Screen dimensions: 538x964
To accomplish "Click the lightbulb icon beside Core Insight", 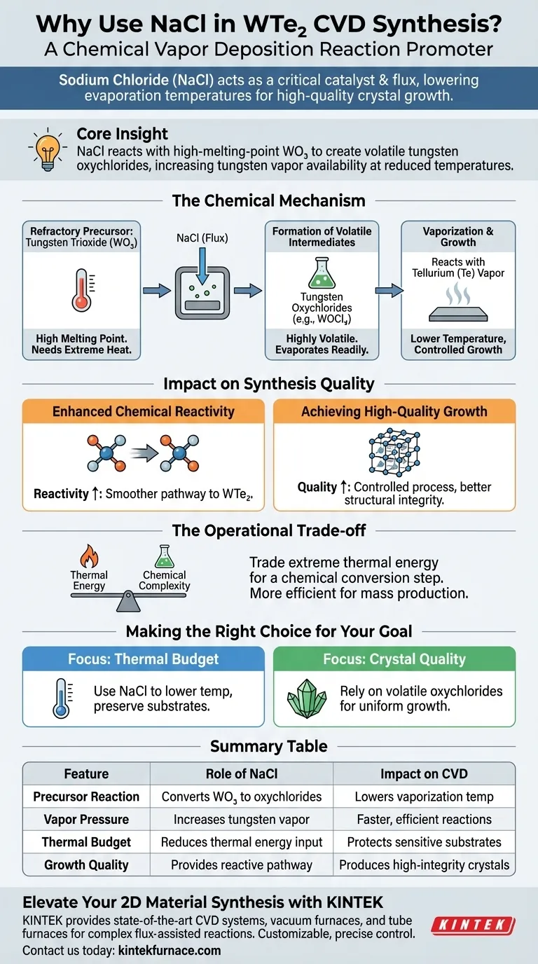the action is [48, 151].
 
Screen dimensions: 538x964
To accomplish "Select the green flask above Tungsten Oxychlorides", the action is [322, 273].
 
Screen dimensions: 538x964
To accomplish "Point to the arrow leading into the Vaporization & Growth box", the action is [389, 291].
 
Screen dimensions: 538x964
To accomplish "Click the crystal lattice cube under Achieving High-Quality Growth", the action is [394, 452].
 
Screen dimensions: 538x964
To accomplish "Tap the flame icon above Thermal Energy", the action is [89, 556].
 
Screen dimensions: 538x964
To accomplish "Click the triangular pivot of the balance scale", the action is [128, 602].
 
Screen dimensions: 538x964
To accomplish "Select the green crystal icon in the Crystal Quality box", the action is [306, 699].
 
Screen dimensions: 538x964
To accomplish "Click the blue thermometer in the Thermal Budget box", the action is [62, 698].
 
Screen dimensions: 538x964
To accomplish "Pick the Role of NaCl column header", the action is [242, 773].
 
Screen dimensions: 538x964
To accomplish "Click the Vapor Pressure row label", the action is [86, 820].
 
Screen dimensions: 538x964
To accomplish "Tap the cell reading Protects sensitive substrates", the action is [424, 842].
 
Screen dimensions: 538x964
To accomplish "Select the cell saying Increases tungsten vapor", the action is [242, 820].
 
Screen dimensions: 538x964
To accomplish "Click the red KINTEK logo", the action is [473, 925].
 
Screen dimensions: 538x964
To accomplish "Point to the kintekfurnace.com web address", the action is [170, 950].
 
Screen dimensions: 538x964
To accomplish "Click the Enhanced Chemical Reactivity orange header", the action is [144, 411].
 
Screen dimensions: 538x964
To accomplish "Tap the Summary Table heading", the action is [268, 746].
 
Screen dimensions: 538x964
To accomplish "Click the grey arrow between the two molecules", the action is [144, 453].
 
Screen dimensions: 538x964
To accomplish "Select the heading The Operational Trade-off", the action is [269, 530].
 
